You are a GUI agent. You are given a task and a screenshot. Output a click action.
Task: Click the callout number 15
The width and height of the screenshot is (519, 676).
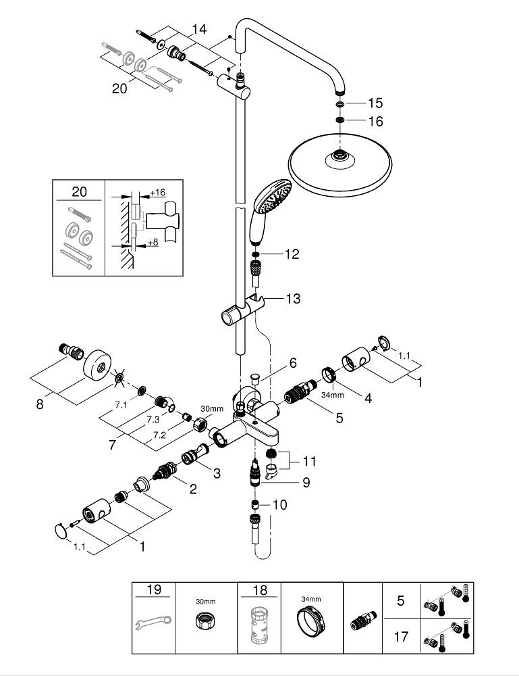click(x=375, y=103)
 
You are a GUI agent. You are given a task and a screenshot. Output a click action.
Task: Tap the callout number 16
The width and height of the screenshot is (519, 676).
click(x=375, y=122)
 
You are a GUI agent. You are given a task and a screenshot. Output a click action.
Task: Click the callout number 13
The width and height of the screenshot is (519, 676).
click(x=293, y=299)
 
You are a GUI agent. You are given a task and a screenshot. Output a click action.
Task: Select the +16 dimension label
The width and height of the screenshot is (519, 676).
click(x=157, y=193)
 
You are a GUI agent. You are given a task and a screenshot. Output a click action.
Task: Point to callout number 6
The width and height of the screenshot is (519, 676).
click(x=293, y=363)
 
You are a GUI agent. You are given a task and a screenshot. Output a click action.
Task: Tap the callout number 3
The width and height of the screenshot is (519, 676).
click(x=216, y=474)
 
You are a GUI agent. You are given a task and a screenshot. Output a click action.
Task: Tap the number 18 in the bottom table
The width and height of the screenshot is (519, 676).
click(x=259, y=590)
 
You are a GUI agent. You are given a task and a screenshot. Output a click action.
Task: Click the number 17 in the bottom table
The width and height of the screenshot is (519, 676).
click(x=400, y=637)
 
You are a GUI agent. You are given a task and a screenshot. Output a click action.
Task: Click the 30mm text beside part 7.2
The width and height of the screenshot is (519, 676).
click(x=212, y=409)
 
